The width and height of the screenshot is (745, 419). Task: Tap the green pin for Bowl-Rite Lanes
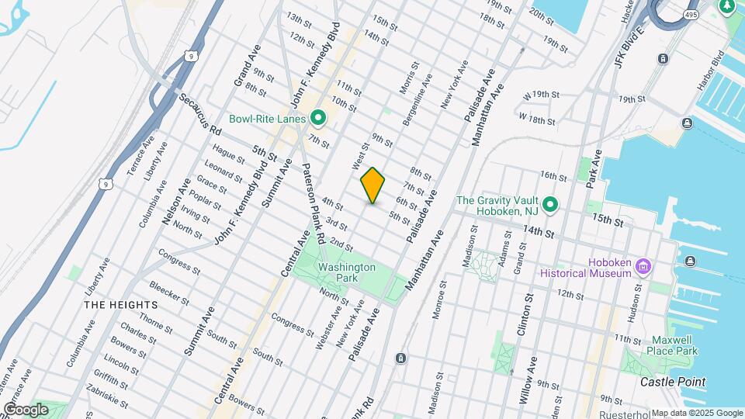[x=317, y=119]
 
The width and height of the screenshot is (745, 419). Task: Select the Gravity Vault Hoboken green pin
[x=550, y=206]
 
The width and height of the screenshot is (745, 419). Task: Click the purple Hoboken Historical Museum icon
[x=642, y=268]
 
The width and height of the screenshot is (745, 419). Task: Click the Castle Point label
[x=673, y=382]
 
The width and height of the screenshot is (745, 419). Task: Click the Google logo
[x=26, y=409]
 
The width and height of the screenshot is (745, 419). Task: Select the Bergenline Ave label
[x=426, y=92]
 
